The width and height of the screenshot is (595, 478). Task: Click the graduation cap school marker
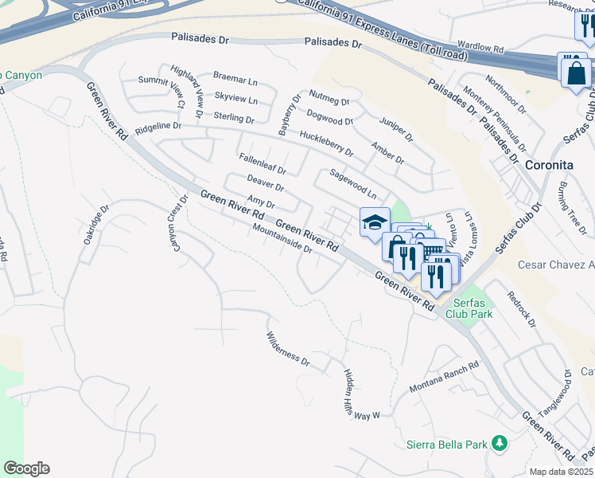coord(375,222)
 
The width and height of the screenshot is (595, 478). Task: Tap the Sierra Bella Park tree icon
coord(500,442)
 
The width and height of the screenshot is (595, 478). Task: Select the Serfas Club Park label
coord(472,308)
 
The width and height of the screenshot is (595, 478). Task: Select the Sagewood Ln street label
coord(352,183)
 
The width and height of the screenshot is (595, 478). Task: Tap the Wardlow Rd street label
coord(481,48)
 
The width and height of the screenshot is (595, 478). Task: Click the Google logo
coord(26,468)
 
